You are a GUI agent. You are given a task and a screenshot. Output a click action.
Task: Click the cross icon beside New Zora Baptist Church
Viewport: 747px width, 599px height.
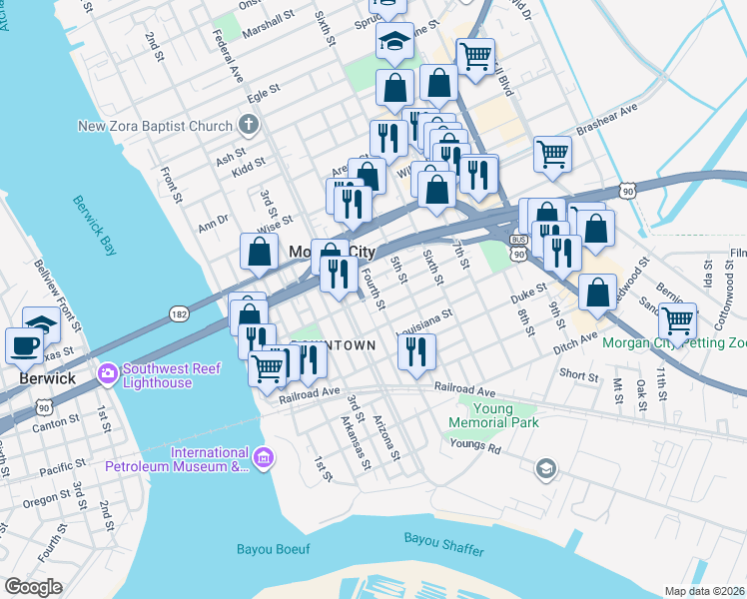point(249,126)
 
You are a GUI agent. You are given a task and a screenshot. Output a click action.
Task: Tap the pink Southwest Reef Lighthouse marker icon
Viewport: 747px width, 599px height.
point(107,374)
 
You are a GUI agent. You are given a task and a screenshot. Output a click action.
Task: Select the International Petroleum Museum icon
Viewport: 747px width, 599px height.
point(264,458)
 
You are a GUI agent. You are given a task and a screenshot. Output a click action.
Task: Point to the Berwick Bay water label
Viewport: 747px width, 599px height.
point(95,221)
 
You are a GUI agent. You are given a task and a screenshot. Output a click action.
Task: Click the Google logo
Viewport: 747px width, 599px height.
point(33,587)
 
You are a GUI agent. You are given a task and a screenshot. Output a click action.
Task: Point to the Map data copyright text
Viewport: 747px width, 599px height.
point(704,591)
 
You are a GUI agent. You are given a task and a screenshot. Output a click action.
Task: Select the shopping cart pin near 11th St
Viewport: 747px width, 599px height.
point(677,320)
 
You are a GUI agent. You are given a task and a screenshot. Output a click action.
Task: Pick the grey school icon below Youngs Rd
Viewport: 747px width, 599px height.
point(545,468)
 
